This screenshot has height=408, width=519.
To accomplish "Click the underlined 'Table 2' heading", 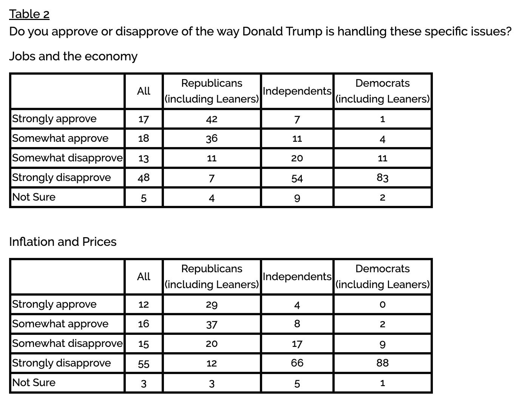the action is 29,14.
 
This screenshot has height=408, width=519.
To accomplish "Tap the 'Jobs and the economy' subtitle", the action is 73,56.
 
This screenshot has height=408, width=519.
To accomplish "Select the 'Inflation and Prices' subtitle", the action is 63,242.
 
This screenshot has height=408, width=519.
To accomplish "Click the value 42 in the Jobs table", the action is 212,119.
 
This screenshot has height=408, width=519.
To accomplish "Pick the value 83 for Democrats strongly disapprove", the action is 382,178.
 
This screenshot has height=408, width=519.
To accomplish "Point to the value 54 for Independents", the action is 297,178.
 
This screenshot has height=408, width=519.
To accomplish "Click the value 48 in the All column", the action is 144,178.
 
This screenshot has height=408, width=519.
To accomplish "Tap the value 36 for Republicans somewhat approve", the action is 212,138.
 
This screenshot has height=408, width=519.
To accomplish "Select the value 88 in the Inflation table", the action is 382,363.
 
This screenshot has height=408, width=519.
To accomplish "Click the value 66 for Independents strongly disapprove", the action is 297,363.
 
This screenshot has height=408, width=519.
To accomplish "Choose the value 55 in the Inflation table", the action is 144,364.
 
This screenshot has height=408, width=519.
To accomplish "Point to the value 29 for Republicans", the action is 212,305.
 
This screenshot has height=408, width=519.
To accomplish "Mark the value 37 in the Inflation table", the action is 212,324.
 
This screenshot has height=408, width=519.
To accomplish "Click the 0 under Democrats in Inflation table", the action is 383,304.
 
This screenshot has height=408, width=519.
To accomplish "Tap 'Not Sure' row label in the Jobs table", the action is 34,197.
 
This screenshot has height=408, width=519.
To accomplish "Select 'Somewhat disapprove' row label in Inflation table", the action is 67,344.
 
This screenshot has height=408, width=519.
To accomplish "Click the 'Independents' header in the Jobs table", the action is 297,91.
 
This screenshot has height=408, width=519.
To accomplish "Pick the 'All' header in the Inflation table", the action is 144,276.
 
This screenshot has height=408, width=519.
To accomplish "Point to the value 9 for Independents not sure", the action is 297,198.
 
